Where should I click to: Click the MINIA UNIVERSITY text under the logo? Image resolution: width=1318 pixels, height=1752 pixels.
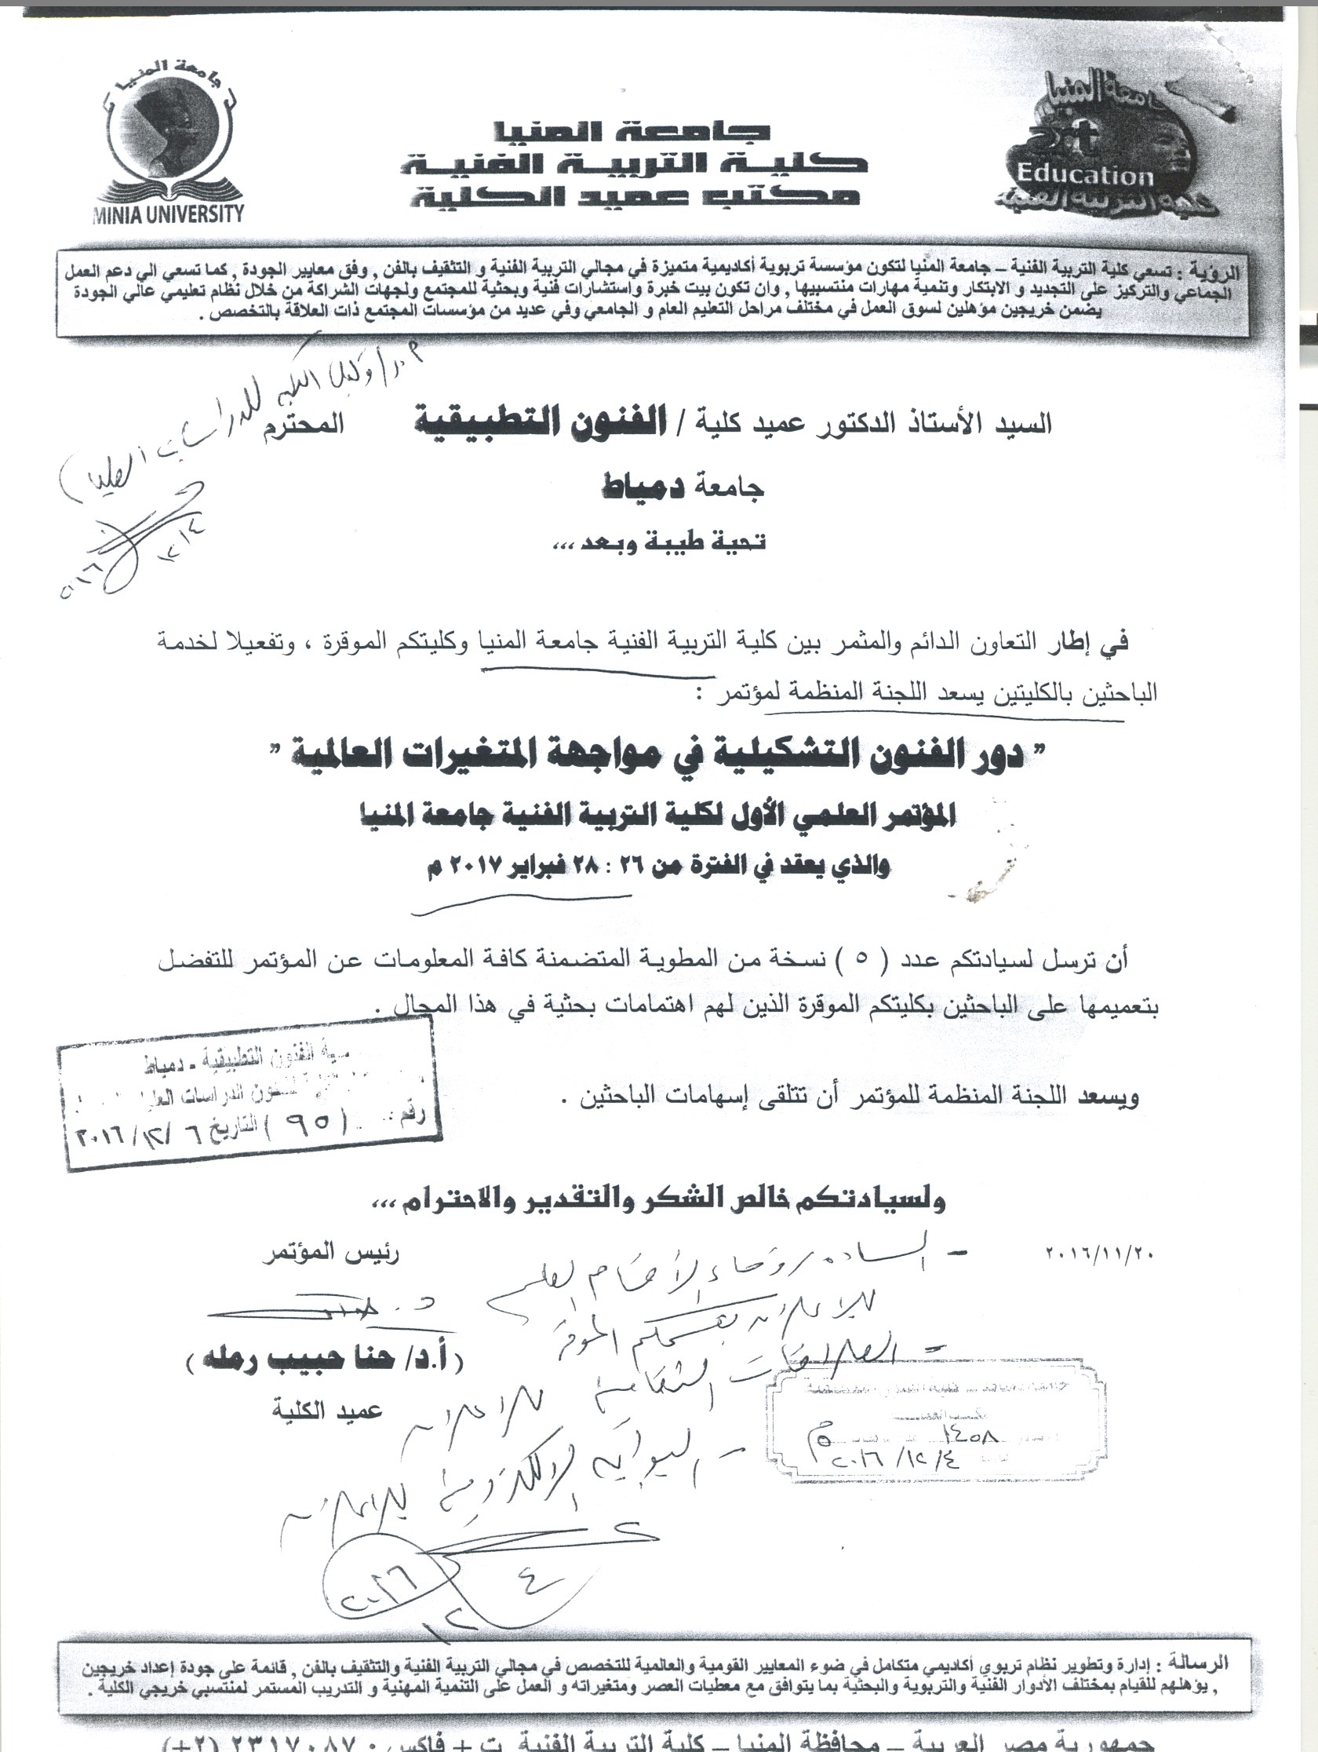click(x=168, y=214)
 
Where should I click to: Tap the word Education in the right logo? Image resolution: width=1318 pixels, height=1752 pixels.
click(x=1085, y=174)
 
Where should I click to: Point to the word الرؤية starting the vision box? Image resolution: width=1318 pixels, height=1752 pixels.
click(x=1216, y=272)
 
